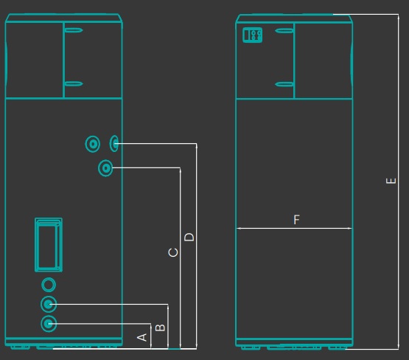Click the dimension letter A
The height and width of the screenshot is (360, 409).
(142, 337)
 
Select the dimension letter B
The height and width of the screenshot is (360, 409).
(160, 328)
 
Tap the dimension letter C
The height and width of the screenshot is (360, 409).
(173, 252)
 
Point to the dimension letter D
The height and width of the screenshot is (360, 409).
(189, 237)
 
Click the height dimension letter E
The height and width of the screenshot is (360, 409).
(391, 181)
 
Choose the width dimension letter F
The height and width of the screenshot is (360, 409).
(296, 219)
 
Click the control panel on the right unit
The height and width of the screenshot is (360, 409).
(252, 35)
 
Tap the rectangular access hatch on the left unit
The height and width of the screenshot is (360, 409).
(49, 245)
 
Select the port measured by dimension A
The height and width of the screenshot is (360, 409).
(49, 324)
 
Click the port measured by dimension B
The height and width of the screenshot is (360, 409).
(49, 304)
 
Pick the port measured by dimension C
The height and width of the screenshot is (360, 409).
(105, 168)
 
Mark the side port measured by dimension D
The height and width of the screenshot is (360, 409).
(114, 143)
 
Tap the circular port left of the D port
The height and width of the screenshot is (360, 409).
(93, 144)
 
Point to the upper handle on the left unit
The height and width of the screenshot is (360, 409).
(74, 30)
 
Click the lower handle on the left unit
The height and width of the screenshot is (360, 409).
(74, 83)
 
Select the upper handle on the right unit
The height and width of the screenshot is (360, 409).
(284, 31)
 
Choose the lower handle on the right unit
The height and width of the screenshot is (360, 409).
(284, 84)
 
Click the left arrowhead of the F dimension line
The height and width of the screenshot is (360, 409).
(239, 229)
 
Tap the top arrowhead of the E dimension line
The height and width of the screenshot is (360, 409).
(398, 17)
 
